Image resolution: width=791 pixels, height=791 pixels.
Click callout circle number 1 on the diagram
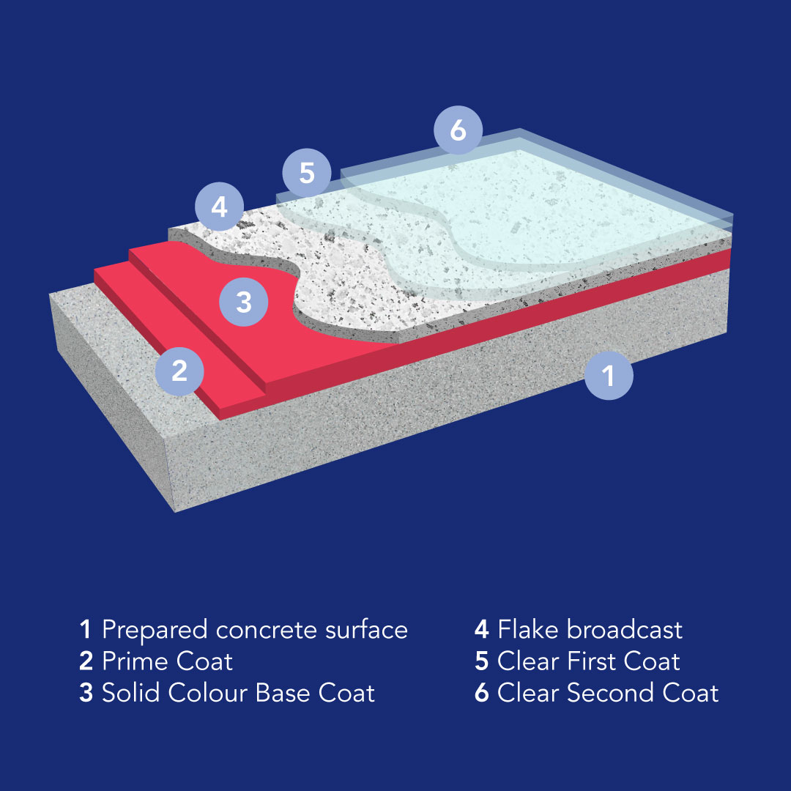609,375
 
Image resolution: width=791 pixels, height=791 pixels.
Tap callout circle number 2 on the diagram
179,371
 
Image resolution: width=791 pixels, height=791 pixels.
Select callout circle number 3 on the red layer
244,302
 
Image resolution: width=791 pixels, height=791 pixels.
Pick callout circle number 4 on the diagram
220,207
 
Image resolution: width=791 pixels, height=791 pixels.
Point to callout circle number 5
307,173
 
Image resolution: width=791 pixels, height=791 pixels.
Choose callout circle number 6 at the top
458,130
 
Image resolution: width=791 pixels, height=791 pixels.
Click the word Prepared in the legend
155,631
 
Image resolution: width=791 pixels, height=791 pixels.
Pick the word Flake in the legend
529,630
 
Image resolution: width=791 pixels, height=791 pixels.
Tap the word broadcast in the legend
625,630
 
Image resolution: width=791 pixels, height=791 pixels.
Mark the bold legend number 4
482,630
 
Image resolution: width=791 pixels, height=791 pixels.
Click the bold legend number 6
482,693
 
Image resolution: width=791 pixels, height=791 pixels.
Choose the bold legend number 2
86,661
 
